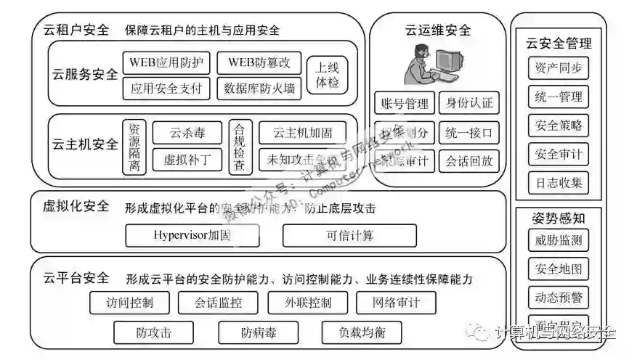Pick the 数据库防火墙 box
click(259, 89)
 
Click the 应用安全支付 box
click(166, 89)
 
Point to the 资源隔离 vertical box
click(134, 146)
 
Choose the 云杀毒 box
click(187, 133)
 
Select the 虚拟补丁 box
click(187, 159)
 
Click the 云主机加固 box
click(302, 133)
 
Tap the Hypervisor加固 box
click(192, 235)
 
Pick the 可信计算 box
click(349, 235)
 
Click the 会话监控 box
click(219, 303)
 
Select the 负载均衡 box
click(362, 333)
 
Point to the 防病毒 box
click(259, 333)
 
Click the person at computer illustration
click(437, 64)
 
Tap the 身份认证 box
click(468, 104)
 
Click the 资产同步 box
click(558, 69)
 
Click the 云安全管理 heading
click(559, 44)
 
